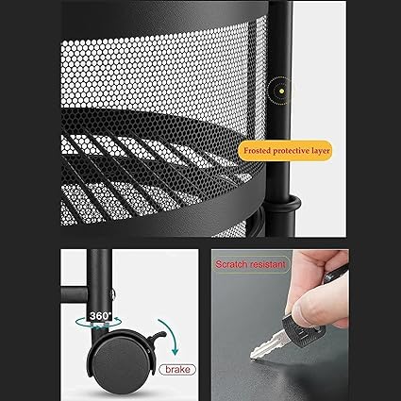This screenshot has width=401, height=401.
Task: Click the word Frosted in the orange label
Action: tap(257, 151)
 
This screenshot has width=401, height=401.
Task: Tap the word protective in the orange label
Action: tap(292, 151)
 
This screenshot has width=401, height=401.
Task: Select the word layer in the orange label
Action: tap(321, 151)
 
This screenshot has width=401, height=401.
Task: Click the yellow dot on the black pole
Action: tap(282, 91)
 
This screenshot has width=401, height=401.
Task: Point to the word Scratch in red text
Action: tap(231, 264)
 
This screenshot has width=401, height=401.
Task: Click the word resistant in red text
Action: tap(267, 264)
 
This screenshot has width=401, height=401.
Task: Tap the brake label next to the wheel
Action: tap(177, 369)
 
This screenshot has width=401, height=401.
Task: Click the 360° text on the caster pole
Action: tap(101, 315)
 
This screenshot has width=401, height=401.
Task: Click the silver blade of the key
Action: tap(267, 346)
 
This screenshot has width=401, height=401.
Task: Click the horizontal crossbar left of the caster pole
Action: tap(74, 294)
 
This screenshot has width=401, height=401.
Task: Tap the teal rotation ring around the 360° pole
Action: tap(98, 323)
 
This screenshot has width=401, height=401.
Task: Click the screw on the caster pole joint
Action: tap(113, 294)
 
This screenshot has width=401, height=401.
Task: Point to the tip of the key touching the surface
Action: tap(252, 357)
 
